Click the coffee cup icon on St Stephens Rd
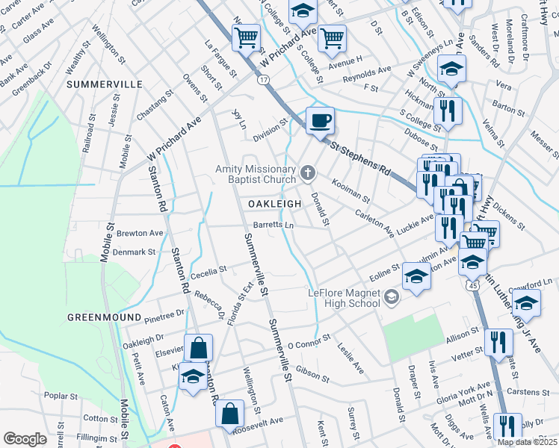(x=320, y=121)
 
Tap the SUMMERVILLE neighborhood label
(x=105, y=84)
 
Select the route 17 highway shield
(x=263, y=78)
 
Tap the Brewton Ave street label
(x=140, y=233)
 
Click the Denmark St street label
(x=135, y=252)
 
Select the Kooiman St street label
(x=350, y=191)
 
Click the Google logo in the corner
(x=25, y=439)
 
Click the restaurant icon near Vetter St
(x=498, y=342)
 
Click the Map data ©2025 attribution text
(x=528, y=442)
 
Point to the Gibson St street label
(x=312, y=370)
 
